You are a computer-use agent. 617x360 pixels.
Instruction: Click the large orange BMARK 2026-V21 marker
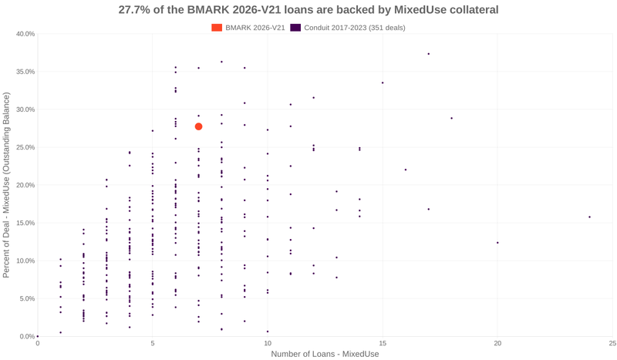[x=199, y=126]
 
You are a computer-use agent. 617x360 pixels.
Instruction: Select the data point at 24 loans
[x=589, y=217]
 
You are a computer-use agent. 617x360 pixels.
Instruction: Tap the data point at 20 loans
[x=497, y=243]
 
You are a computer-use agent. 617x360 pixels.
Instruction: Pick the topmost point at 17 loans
[x=429, y=54]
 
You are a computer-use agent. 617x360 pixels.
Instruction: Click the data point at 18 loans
[x=452, y=118]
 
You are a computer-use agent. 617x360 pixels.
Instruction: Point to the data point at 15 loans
[x=383, y=82]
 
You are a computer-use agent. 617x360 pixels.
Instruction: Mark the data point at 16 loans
[x=406, y=170]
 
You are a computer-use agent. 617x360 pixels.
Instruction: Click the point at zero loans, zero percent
[x=38, y=336]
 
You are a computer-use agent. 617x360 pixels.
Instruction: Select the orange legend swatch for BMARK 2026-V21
[x=217, y=28]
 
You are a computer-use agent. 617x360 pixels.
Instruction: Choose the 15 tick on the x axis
[x=383, y=343]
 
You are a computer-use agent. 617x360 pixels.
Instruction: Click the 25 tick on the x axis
[x=612, y=343]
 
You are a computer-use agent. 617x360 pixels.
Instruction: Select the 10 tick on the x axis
[x=268, y=343]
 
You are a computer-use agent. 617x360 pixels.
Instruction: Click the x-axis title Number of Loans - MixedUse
[x=325, y=354]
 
